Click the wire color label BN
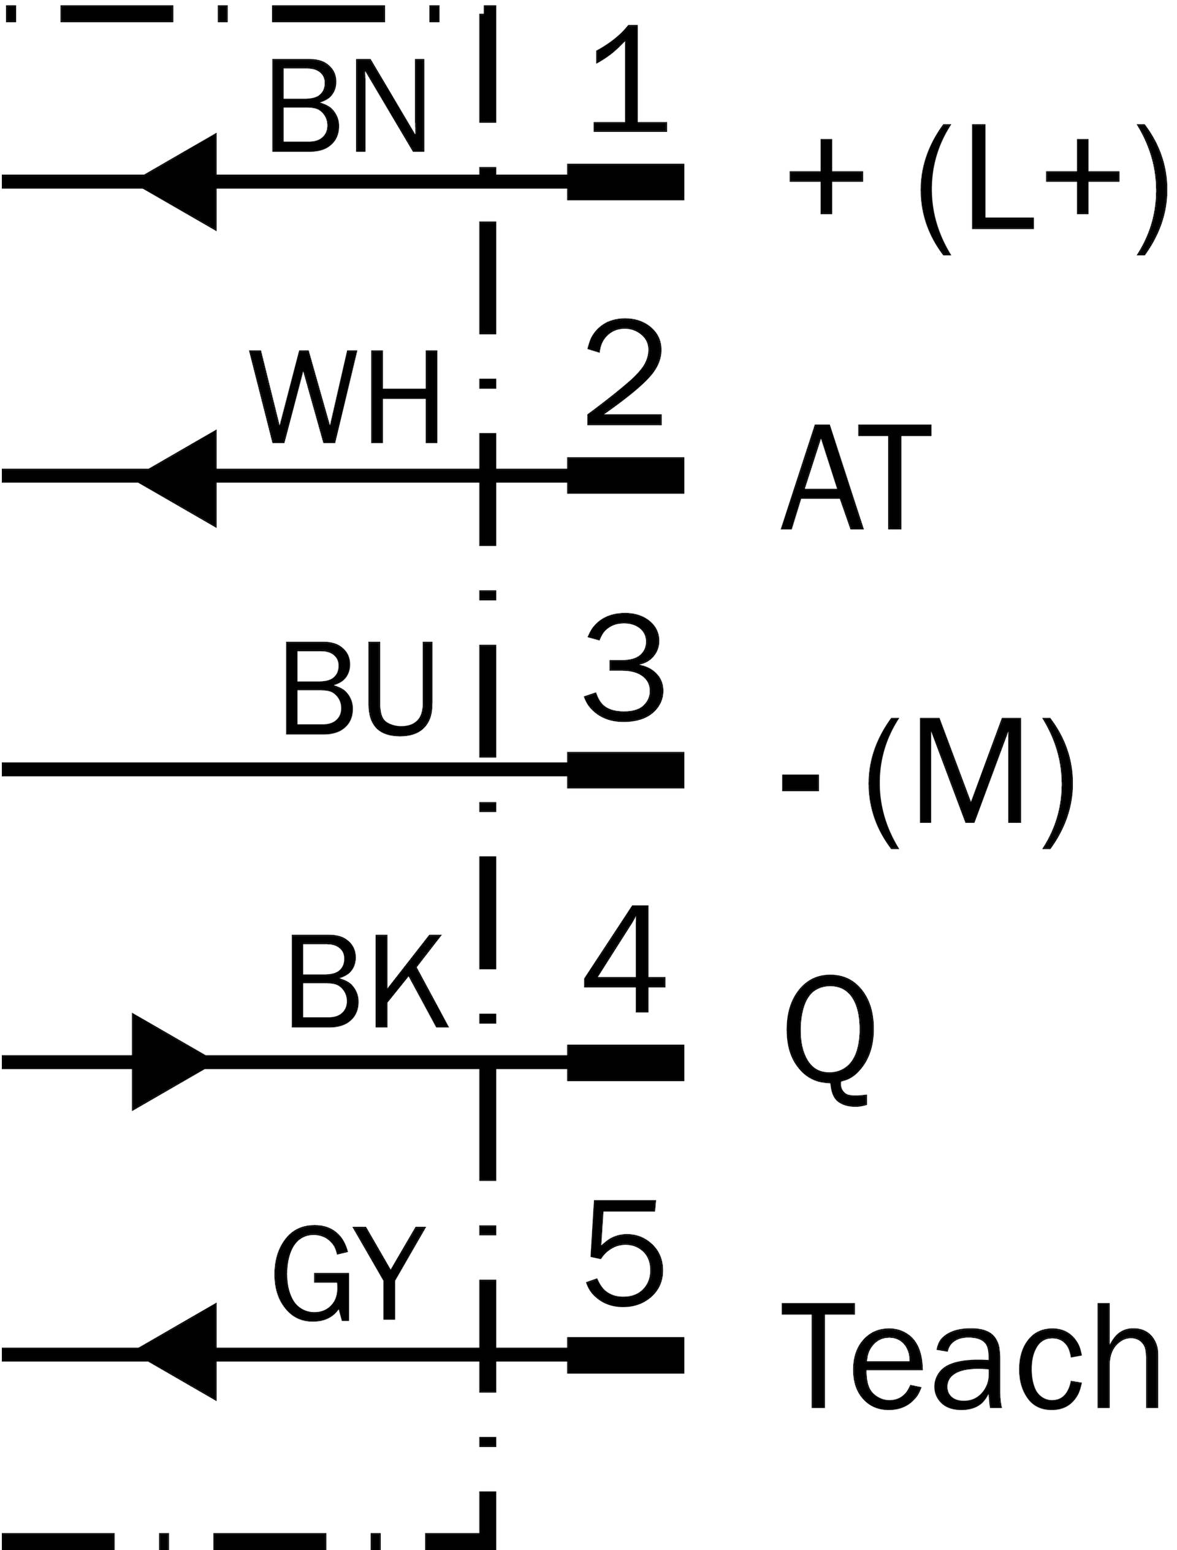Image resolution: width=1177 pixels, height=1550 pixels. click(348, 105)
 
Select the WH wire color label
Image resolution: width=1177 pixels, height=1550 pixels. click(343, 397)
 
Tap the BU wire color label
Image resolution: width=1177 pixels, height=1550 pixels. click(359, 688)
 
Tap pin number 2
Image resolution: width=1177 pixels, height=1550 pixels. click(624, 372)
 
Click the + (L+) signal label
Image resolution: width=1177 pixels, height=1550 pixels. click(978, 189)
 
